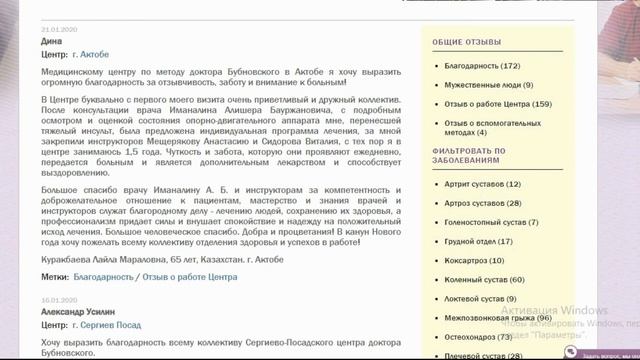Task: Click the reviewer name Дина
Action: coord(52,42)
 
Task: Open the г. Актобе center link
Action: coord(91,54)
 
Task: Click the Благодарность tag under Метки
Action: coord(103,276)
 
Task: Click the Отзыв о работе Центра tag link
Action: coord(190,276)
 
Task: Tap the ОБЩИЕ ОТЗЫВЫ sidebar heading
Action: coord(466,42)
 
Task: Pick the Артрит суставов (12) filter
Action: coord(483,184)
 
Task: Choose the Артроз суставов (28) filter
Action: coord(483,203)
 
